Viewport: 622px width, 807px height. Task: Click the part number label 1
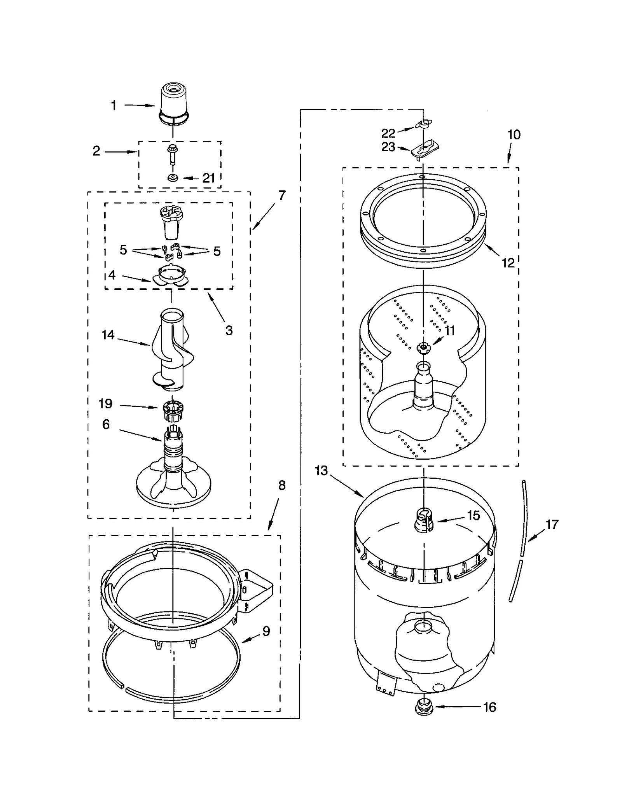(x=114, y=105)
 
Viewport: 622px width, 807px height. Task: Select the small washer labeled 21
(x=172, y=178)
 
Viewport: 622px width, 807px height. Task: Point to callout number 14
(x=108, y=335)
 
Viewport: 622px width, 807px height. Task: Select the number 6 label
(x=106, y=424)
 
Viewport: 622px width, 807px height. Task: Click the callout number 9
(x=266, y=631)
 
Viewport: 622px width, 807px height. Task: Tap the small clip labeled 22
(x=423, y=124)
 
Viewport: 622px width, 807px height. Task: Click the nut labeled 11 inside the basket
(x=423, y=347)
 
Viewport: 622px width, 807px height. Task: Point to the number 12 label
(x=508, y=263)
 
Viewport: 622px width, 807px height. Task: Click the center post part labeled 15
(x=424, y=521)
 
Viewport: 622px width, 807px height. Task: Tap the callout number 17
(x=552, y=525)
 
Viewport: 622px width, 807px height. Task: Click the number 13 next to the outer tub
(x=321, y=471)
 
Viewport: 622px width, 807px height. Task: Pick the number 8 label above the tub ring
(x=282, y=485)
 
